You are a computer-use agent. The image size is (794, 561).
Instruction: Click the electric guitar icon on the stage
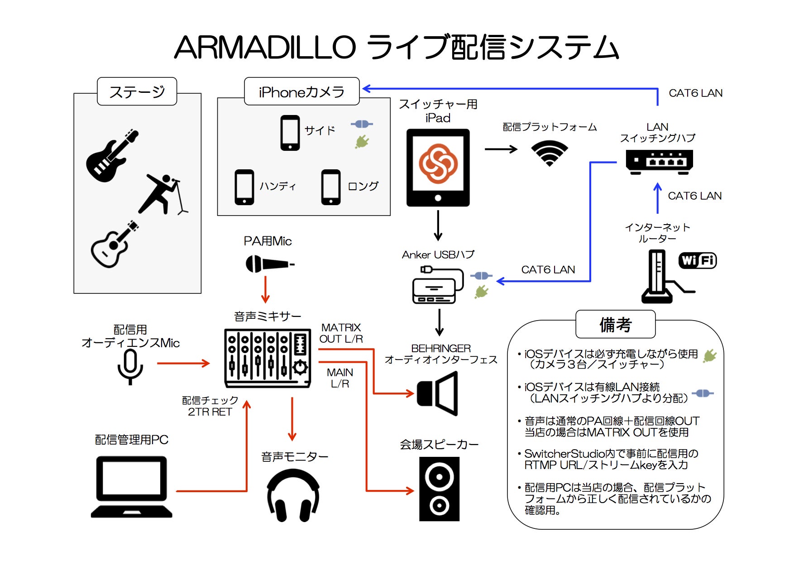coord(111,156)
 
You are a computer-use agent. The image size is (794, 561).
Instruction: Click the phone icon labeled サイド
coord(290,133)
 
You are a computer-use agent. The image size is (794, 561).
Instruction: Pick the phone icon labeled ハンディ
coord(244,187)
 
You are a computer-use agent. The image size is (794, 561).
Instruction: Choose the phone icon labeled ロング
coord(331,187)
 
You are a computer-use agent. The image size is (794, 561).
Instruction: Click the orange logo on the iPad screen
coord(438,163)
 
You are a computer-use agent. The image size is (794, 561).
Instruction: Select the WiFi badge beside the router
coord(697,260)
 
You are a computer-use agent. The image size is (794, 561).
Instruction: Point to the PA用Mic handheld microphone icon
coord(269,264)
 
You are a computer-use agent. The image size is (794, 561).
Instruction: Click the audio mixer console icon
coord(268,358)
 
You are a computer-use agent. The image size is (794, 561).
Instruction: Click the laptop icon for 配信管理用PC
coord(131,487)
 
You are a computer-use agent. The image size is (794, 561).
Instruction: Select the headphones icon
coord(293,495)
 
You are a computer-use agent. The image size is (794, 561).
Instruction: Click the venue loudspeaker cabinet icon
coord(439,489)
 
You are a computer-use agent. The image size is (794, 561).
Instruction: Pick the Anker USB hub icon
coord(437,285)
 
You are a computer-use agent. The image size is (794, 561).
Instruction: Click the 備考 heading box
coord(615,324)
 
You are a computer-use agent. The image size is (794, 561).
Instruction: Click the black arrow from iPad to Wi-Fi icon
coord(501,149)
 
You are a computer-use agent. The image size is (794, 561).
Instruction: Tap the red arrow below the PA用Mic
coord(265,290)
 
